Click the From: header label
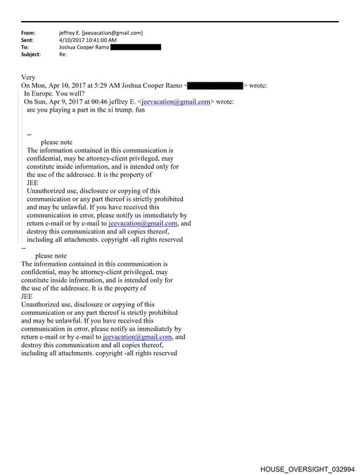point(28,33)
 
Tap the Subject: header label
point(31,54)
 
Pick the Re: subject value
point(63,54)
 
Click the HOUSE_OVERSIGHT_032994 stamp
point(307,468)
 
